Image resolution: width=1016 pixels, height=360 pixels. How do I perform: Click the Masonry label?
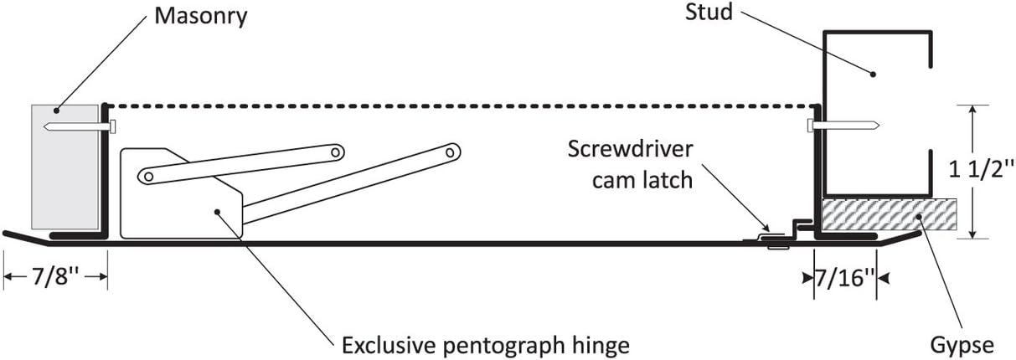coord(200,17)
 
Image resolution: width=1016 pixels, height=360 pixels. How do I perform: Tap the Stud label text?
coord(709,13)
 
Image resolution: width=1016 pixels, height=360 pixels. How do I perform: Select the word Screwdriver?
coord(631,150)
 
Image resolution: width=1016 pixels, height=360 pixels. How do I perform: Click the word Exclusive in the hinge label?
coord(389,346)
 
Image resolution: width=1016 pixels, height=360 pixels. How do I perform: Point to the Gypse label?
coord(962,347)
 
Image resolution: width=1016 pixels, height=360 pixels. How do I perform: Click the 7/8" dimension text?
coord(55,275)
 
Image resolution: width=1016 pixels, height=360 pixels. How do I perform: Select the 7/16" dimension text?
coord(844,278)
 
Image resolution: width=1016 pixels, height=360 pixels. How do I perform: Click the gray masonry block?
coord(64,167)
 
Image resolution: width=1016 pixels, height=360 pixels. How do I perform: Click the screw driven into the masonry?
coord(80,126)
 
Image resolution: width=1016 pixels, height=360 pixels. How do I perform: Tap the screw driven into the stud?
coord(843,125)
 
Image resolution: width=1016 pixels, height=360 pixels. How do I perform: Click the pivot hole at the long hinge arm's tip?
coord(450,152)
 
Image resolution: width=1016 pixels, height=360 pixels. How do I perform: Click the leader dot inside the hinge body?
coord(217,211)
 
